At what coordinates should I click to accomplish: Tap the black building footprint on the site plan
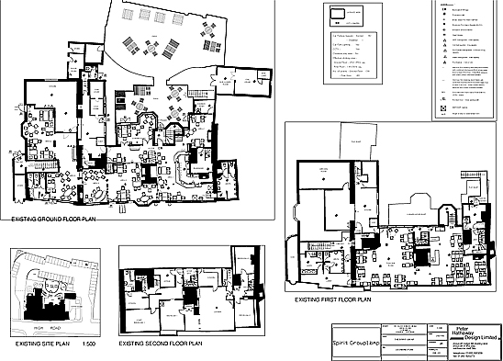pyautogui.click(x=40, y=303)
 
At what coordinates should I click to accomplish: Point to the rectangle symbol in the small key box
pyautogui.click(x=338, y=14)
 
